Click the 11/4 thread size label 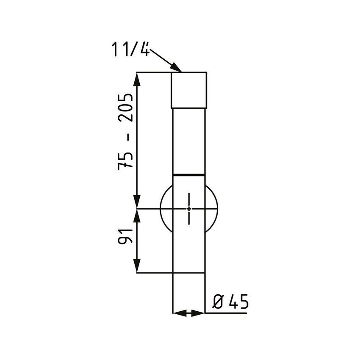coord(131,50)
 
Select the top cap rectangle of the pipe coord(189,90)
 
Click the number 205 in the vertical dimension coord(126,108)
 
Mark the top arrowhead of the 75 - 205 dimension coord(137,78)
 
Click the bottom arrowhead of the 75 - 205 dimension coord(137,202)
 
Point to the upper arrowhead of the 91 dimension coord(137,215)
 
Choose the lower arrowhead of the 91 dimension coord(137,267)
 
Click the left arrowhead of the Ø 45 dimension coord(178,313)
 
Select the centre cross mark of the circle coord(189,208)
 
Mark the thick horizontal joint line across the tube coord(189,174)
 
